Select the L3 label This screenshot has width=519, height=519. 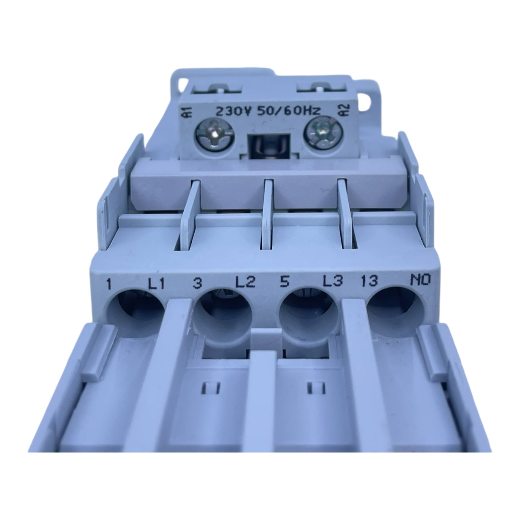pos(333,282)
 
